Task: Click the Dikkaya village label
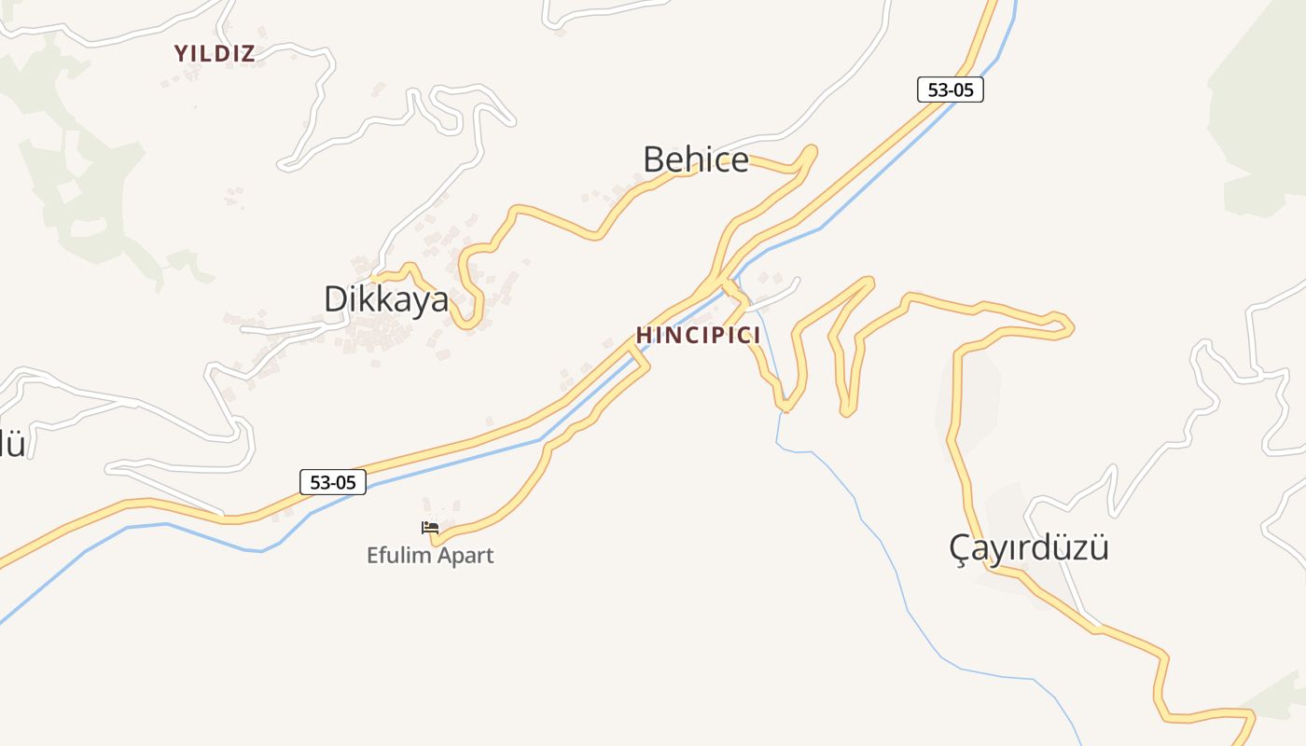(386, 299)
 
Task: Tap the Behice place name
(696, 159)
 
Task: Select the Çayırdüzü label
(1029, 547)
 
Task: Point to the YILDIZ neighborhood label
(215, 54)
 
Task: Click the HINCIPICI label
(699, 336)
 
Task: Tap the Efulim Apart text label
(430, 556)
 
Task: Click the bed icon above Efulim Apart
(430, 528)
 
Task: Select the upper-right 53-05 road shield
(951, 90)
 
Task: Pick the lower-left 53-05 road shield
(333, 482)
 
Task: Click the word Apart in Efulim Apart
(464, 556)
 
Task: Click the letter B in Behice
(653, 159)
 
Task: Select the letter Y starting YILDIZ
(181, 54)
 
